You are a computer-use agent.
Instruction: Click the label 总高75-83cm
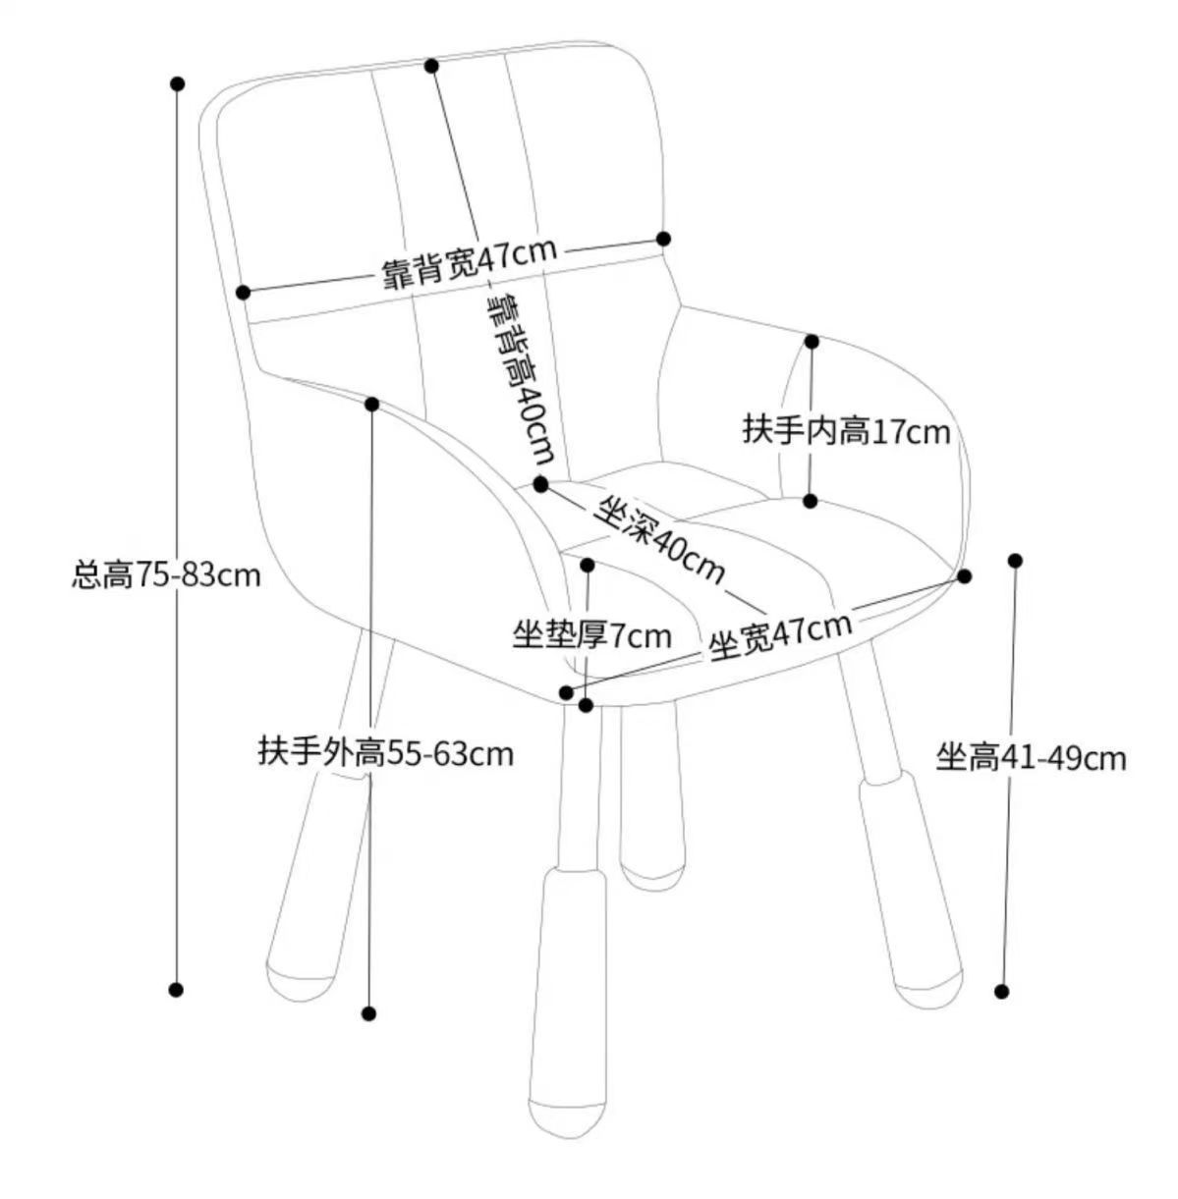point(167,574)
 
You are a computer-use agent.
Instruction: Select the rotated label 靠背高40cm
point(521,379)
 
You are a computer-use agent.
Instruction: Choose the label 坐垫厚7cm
point(591,636)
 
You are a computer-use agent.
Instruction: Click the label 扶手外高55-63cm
point(386,753)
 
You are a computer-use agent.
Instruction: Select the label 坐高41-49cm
point(1031,757)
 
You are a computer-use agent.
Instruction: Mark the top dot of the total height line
point(178,84)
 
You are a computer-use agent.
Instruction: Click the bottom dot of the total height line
point(177,990)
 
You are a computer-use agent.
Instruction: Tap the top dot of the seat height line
point(1015,561)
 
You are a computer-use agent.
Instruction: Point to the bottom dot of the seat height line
point(1002,992)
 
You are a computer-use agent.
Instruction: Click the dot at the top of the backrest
point(431,66)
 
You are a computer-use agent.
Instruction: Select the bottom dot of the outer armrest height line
point(369,1013)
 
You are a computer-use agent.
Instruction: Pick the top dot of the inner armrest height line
point(813,341)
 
